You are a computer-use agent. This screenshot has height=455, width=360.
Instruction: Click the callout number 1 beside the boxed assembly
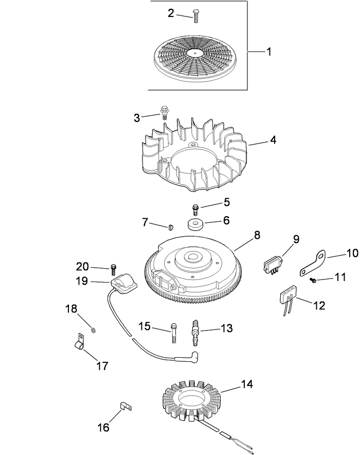[x=269, y=51]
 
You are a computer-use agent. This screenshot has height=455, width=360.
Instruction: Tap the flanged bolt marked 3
[x=165, y=112]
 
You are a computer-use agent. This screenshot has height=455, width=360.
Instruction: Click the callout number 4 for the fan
[x=273, y=139]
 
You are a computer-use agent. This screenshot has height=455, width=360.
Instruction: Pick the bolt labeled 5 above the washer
[x=195, y=209]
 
